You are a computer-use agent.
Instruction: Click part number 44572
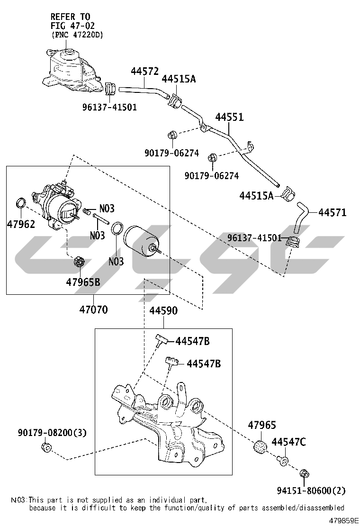[x=144, y=72]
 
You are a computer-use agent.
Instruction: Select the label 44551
[x=229, y=117]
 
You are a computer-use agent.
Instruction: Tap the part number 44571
[x=332, y=212]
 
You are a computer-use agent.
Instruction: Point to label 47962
[x=21, y=223]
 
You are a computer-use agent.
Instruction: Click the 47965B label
[x=83, y=282]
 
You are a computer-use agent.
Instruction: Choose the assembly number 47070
[x=93, y=310]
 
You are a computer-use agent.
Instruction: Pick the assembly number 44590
[x=163, y=311]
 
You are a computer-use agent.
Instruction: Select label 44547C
[x=288, y=442]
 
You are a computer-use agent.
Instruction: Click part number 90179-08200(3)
[x=53, y=433]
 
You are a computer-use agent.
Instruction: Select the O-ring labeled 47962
[x=21, y=203]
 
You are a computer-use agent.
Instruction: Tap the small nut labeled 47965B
[x=80, y=261]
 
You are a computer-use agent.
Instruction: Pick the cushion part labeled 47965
[x=260, y=446]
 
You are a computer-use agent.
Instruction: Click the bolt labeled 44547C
[x=283, y=460]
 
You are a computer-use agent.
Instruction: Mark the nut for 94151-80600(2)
[x=305, y=473]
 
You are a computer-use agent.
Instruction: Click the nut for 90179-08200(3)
[x=46, y=448]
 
